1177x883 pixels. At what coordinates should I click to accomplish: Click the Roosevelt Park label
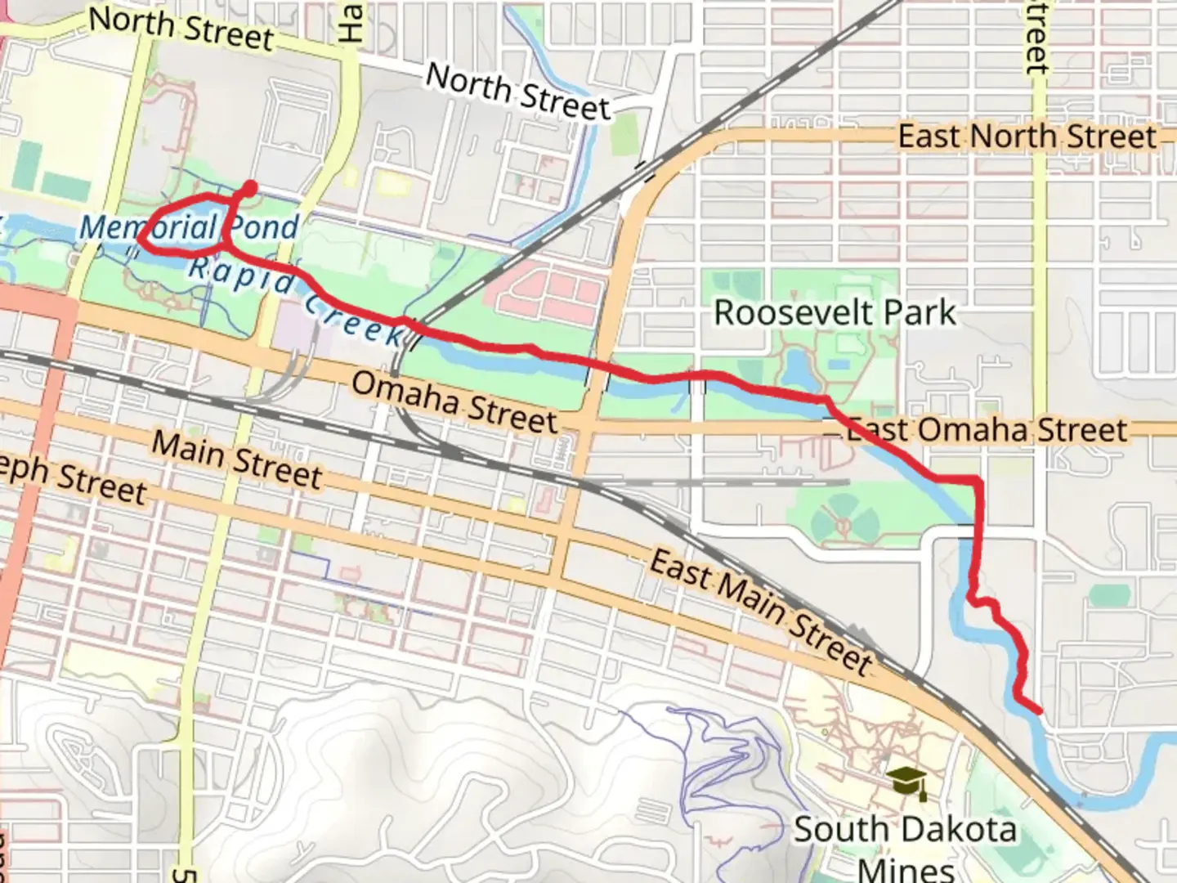click(835, 313)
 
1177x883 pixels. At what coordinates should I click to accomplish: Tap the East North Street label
click(1027, 137)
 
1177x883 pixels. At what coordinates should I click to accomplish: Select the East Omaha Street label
click(987, 430)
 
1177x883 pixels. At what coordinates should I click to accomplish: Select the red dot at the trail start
click(249, 189)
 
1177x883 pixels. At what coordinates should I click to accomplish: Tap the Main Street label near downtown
click(237, 460)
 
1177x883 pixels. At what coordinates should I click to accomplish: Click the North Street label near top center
click(518, 92)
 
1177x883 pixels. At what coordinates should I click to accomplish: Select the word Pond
click(263, 227)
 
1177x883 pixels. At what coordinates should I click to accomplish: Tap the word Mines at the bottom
click(906, 869)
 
